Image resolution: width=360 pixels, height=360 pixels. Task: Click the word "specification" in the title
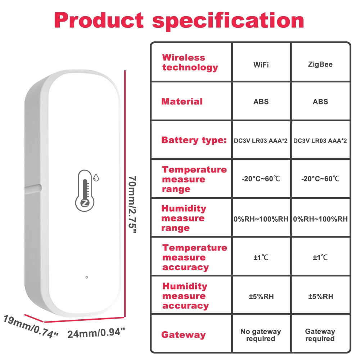pyautogui.click(x=228, y=21)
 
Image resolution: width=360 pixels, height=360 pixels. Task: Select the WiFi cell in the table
pyautogui.click(x=261, y=65)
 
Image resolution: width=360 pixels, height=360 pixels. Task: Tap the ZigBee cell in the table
pyautogui.click(x=320, y=65)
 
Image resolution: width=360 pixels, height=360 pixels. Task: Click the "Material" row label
pyautogui.click(x=182, y=102)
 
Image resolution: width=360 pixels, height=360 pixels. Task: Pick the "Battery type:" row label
pyautogui.click(x=194, y=140)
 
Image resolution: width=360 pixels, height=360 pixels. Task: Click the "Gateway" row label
pyautogui.click(x=183, y=335)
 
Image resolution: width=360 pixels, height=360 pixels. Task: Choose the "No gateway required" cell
pyautogui.click(x=261, y=335)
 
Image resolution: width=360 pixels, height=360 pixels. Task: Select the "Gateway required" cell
pyautogui.click(x=320, y=335)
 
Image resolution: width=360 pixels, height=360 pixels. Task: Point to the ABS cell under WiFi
pyautogui.click(x=261, y=102)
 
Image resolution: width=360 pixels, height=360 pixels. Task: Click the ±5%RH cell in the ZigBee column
pyautogui.click(x=320, y=296)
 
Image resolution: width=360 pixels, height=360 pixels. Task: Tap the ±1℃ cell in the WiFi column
pyautogui.click(x=261, y=257)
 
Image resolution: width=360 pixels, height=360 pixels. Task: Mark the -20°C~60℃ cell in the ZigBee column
pyautogui.click(x=320, y=179)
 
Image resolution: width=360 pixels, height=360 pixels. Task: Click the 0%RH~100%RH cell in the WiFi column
pyautogui.click(x=261, y=219)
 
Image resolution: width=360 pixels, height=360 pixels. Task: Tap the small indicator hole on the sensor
pyautogui.click(x=86, y=278)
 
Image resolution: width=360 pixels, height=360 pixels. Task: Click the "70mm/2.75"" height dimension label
pyautogui.click(x=132, y=204)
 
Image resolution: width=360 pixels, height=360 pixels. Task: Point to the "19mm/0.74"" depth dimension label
pyautogui.click(x=31, y=326)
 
